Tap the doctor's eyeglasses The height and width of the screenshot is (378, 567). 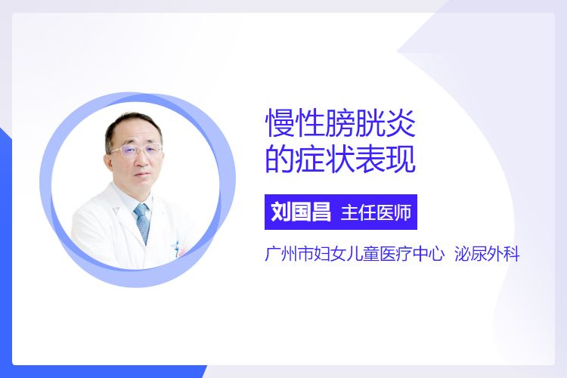pos(136,150)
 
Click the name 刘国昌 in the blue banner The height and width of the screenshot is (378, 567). pos(301,212)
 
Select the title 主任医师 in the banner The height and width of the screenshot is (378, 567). pos(376,212)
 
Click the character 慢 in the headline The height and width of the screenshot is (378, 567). pos(280,123)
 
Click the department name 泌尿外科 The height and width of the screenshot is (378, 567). pos(487,254)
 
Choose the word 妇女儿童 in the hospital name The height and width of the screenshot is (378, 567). pos(346,254)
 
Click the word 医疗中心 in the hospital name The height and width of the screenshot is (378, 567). pos(411,254)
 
